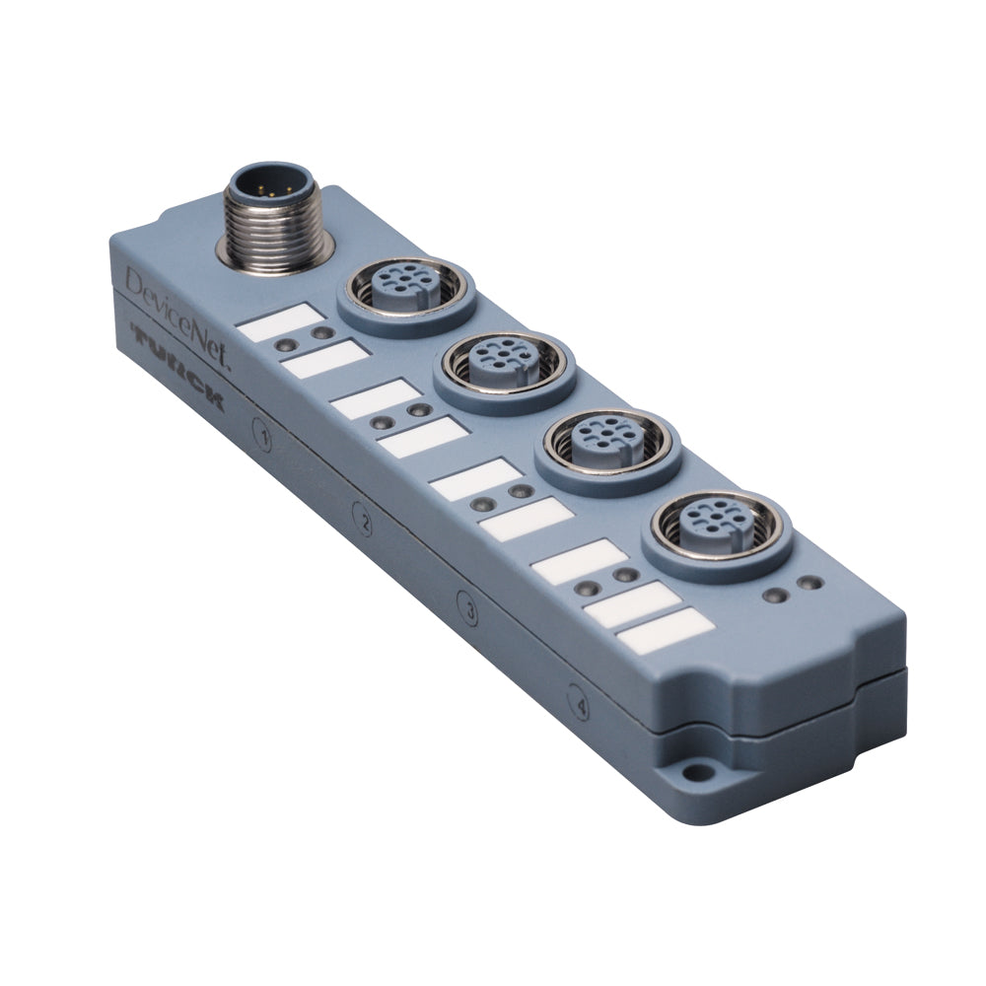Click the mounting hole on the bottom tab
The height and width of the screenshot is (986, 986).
point(699,775)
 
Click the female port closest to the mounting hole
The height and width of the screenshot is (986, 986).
point(718,524)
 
